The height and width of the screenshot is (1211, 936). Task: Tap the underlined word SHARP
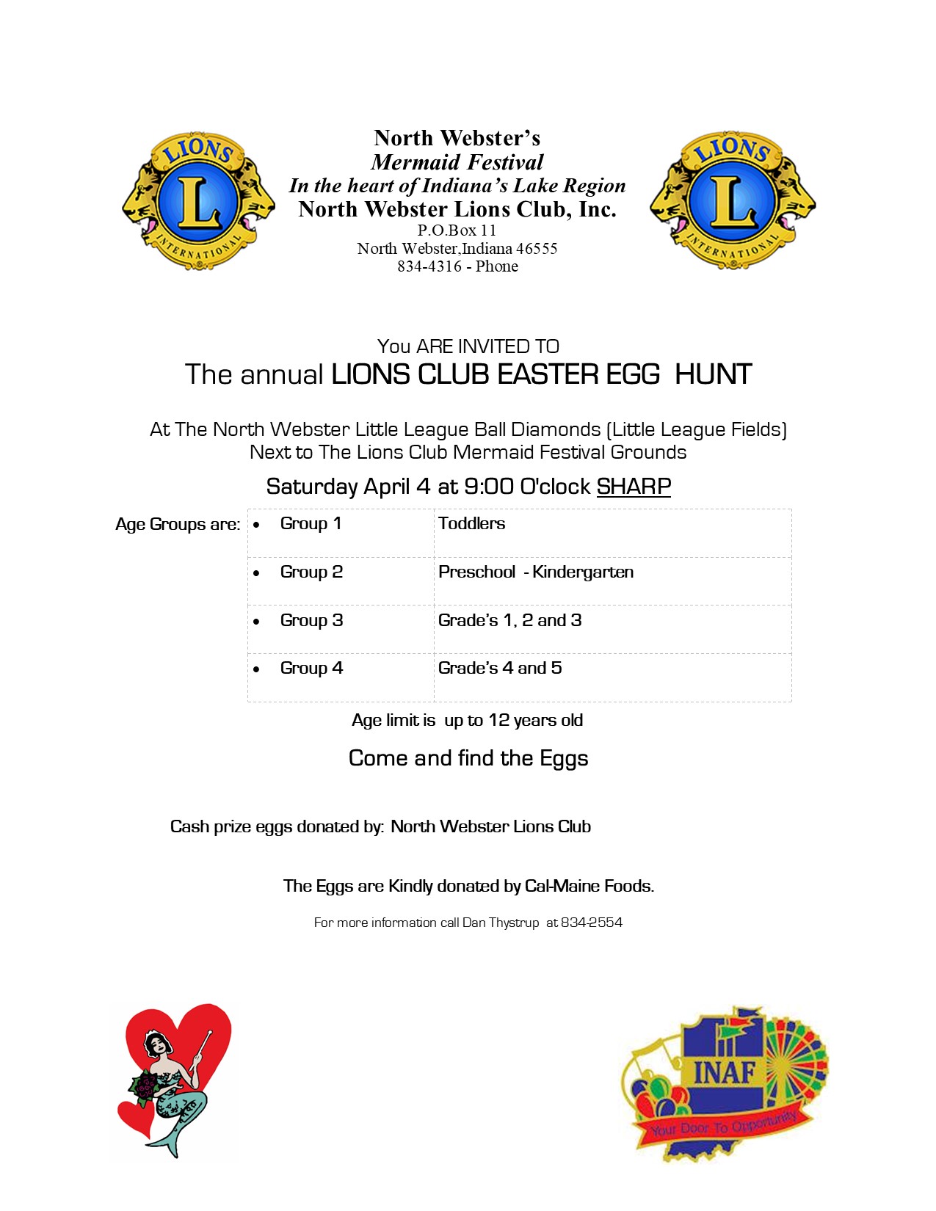pyautogui.click(x=634, y=487)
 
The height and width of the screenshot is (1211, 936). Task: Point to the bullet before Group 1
pyautogui.click(x=256, y=526)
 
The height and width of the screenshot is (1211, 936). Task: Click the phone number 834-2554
pyautogui.click(x=592, y=923)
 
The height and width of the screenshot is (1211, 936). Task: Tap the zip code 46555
pyautogui.click(x=537, y=249)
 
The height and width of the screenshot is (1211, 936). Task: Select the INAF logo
pyautogui.click(x=724, y=1083)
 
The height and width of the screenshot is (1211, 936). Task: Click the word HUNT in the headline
pyautogui.click(x=713, y=375)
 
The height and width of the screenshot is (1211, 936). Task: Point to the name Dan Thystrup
pyautogui.click(x=501, y=923)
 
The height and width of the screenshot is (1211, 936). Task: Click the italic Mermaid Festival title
pyautogui.click(x=457, y=162)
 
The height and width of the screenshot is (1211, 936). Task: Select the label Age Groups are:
pyautogui.click(x=178, y=525)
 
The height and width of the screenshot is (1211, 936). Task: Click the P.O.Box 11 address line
pyautogui.click(x=457, y=230)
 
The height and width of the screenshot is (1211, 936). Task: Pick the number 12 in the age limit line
pyautogui.click(x=499, y=721)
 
